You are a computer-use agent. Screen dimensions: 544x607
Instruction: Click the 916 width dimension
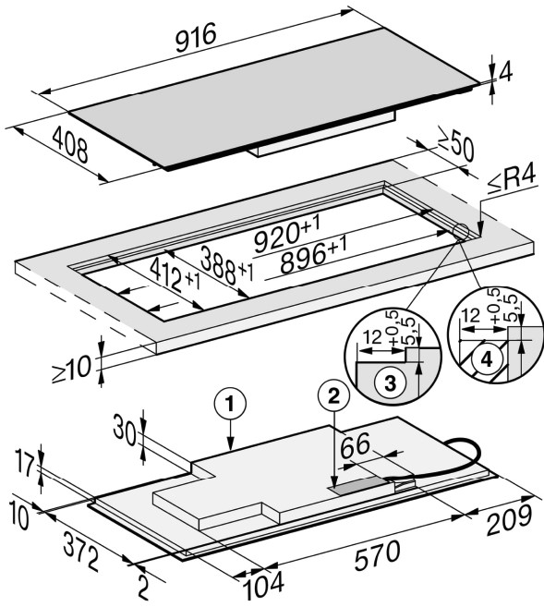(x=196, y=37)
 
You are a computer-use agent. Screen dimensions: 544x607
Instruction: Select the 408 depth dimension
(x=70, y=144)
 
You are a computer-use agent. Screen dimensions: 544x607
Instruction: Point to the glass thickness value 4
(x=505, y=72)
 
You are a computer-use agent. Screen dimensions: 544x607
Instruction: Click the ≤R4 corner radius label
(x=512, y=179)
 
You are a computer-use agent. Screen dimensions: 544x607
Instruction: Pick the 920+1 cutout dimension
(x=287, y=234)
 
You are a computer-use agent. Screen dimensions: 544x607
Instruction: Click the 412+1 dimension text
(x=175, y=275)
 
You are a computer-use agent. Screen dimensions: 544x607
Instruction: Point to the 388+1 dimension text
(x=226, y=265)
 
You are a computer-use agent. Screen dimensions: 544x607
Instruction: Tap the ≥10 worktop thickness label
(x=72, y=370)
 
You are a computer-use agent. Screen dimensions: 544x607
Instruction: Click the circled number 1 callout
(x=230, y=405)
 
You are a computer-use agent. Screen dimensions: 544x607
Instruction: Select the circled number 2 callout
(x=333, y=395)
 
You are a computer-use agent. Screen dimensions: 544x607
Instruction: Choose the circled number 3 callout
(x=390, y=383)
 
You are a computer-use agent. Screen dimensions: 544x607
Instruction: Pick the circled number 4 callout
(x=487, y=359)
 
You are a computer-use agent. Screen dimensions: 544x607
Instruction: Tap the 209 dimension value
(x=509, y=520)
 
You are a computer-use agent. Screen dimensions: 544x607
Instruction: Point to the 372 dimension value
(x=81, y=552)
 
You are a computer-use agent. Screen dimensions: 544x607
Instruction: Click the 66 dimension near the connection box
(x=356, y=445)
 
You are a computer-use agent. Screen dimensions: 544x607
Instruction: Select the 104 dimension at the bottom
(x=263, y=584)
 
